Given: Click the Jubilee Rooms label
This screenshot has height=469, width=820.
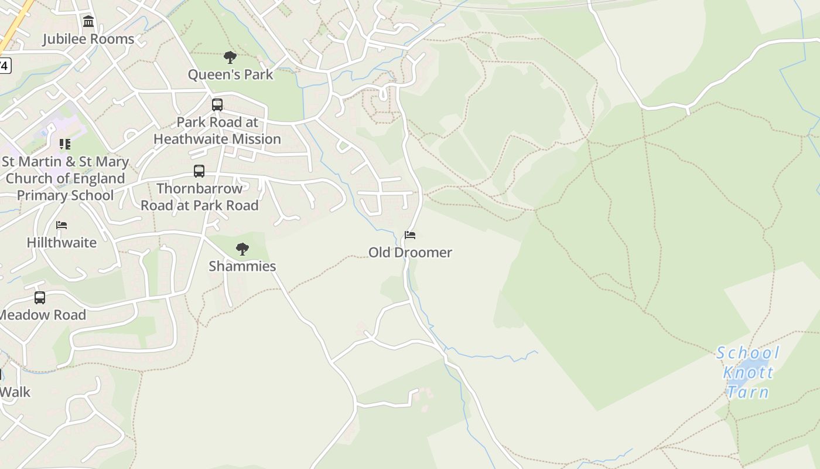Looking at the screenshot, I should pos(88,39).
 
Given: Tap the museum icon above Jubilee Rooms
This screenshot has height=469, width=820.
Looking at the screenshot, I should pos(88,22).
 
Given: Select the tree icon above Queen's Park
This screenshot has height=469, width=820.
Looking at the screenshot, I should pos(230,57).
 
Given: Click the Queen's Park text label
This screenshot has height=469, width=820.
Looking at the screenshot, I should pos(230,74).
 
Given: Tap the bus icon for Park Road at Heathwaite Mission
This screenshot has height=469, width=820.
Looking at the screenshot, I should pos(217,105).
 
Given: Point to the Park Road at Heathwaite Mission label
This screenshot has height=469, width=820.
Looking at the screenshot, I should pos(217,131).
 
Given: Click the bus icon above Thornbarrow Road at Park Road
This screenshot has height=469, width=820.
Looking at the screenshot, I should pos(199,171).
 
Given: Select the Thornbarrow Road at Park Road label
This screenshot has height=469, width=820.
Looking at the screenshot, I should pos(199,197).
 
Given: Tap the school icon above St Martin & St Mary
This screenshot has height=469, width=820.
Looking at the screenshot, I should pos(65,144).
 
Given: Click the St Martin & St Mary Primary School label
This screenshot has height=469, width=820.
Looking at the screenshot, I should pos(65,178).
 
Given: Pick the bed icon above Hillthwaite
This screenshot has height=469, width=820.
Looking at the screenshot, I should pos(61,225).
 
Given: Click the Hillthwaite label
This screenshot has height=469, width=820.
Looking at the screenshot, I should pos(61,243).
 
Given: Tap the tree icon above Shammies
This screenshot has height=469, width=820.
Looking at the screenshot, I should pos(242,249).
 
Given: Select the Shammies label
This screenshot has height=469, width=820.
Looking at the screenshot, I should pos(242,266).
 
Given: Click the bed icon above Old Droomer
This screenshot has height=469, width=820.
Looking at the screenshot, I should pos(410,235).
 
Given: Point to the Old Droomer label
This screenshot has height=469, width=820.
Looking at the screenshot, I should pos(410,253).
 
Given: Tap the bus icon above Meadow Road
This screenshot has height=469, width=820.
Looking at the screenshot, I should pos(40,298).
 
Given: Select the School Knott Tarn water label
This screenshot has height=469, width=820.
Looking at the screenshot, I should pos(748,372).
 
